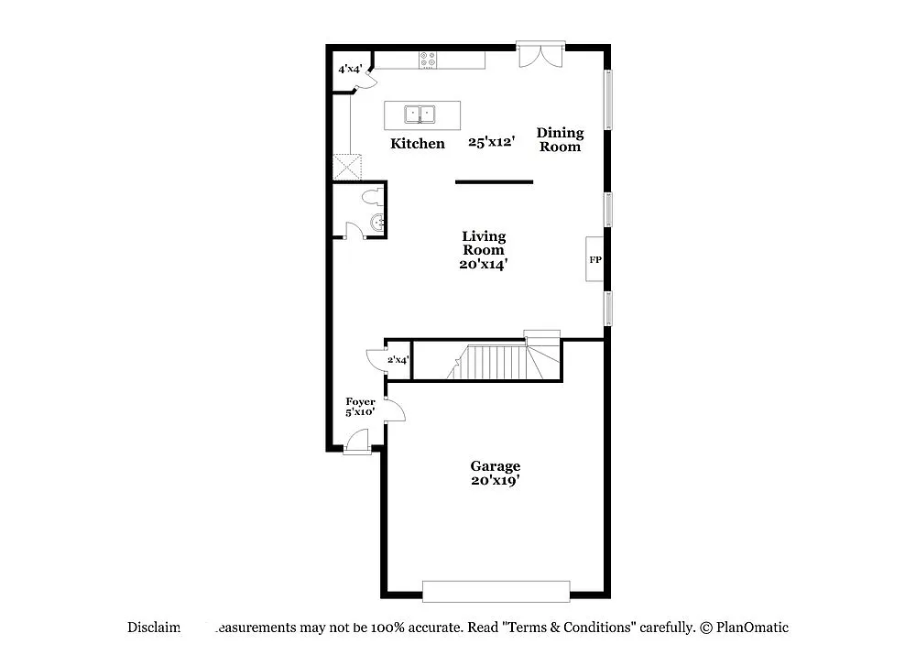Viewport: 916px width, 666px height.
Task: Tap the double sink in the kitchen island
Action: click(421, 115)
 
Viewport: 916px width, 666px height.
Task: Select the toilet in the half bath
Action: click(370, 196)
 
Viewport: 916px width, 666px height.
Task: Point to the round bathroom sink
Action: click(377, 221)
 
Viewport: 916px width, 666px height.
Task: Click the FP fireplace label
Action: click(594, 260)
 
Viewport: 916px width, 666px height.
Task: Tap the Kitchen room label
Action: click(418, 144)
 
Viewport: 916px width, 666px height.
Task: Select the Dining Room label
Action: click(560, 139)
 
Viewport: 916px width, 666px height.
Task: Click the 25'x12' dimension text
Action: click(492, 143)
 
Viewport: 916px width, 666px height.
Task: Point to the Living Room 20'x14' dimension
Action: click(484, 264)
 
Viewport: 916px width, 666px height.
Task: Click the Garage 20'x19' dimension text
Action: click(496, 480)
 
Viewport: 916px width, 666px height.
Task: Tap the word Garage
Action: click(496, 466)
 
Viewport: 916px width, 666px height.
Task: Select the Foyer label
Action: click(360, 401)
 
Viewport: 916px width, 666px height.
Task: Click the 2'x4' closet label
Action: click(397, 360)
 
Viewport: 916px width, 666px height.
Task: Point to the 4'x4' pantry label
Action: click(351, 69)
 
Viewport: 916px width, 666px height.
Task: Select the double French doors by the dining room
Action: click(540, 54)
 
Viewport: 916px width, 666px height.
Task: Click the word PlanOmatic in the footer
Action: click(752, 628)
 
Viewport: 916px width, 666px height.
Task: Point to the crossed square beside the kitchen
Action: click(348, 166)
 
